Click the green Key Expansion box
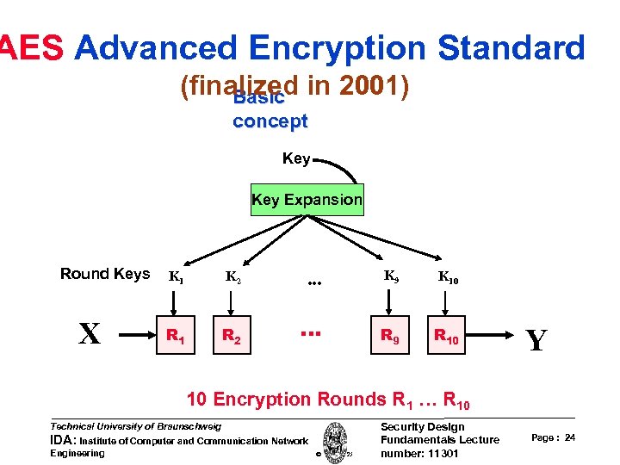(307, 200)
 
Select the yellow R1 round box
(175, 336)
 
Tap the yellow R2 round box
(230, 336)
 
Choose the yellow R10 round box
(446, 336)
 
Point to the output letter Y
(536, 341)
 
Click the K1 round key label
(175, 277)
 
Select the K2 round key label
(232, 277)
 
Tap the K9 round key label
(390, 276)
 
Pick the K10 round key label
(448, 277)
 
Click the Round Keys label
(104, 274)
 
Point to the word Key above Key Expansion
(296, 158)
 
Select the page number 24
(570, 438)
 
